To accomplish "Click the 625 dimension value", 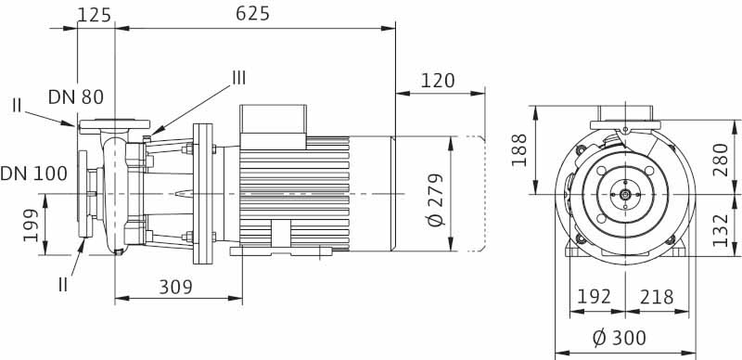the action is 252,14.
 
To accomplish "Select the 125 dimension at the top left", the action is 95,15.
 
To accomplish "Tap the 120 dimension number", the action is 438,81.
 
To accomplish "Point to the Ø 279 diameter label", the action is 436,199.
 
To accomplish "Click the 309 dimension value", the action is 175,287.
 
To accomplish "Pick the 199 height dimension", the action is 31,225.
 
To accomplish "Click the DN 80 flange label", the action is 76,97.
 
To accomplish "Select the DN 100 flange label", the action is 33,174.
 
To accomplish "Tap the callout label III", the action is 238,78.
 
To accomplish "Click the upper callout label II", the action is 17,105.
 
